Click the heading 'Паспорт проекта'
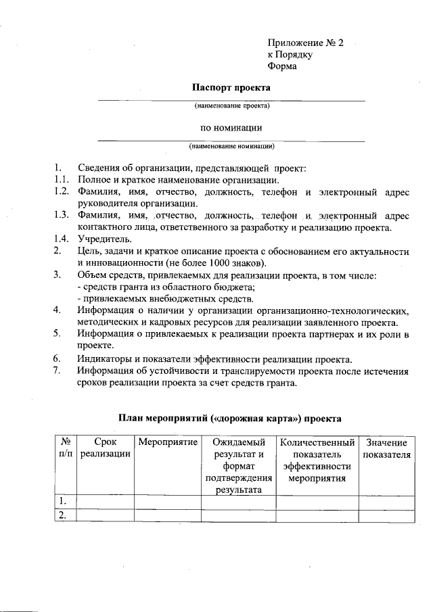[x=231, y=88]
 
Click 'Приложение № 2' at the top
[x=306, y=43]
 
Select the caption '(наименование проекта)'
[x=232, y=106]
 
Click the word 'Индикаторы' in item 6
[x=105, y=358]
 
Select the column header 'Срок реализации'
[x=105, y=448]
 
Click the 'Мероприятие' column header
[x=167, y=442]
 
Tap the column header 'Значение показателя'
[x=386, y=448]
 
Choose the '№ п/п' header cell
[x=65, y=448]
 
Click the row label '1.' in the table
[x=62, y=501]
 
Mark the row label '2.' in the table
[x=62, y=516]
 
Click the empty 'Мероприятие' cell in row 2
[x=167, y=516]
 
